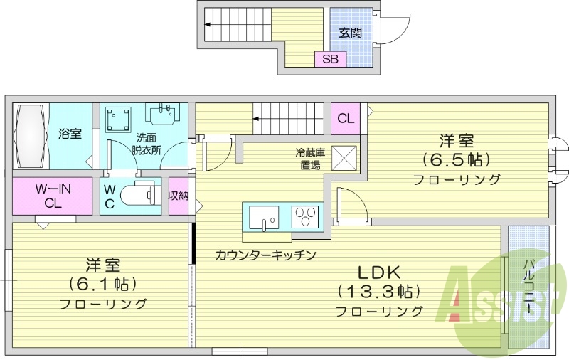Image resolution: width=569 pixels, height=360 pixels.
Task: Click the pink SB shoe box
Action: pos(330,59)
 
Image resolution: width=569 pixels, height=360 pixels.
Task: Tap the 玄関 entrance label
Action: pos(349,32)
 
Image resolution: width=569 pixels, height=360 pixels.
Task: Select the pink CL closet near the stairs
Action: pos(346,118)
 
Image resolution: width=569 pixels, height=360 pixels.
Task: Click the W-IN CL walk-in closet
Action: pos(52,196)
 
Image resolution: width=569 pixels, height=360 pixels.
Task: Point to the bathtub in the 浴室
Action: pos(31,135)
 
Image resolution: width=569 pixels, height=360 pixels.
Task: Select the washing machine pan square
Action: pos(119,120)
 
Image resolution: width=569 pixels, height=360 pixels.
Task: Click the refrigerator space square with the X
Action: pos(345,157)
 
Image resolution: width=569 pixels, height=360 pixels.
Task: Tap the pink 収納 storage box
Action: pos(178,196)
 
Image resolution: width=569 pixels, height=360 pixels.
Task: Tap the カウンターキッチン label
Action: pos(265,254)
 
